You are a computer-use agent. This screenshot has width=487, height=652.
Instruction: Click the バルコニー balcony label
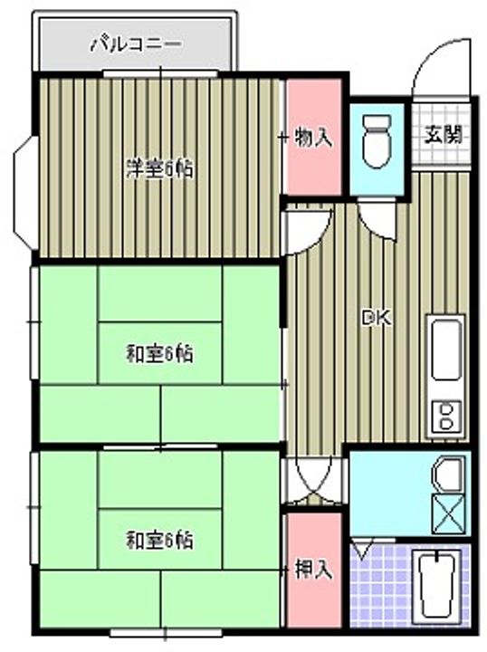click(135, 43)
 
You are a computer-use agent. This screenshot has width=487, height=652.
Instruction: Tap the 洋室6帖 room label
click(159, 168)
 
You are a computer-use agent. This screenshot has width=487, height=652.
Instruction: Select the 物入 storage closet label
click(313, 138)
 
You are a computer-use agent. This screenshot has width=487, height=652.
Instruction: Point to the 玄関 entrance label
click(444, 135)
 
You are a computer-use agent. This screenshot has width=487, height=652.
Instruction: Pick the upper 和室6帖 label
click(159, 351)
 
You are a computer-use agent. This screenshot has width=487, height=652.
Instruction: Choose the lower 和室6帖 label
click(159, 541)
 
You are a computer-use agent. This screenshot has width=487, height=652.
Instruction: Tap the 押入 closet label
click(313, 569)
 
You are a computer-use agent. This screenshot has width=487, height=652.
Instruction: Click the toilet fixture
click(375, 140)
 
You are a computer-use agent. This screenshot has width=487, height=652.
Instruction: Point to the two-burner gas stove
click(446, 416)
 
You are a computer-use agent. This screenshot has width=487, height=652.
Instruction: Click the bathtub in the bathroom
click(442, 586)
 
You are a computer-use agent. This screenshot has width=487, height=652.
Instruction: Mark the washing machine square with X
click(448, 514)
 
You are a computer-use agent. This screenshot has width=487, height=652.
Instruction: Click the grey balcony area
click(199, 43)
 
